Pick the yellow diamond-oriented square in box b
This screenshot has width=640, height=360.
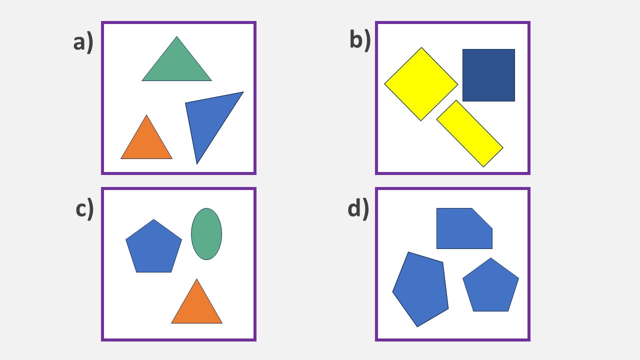click(421, 84)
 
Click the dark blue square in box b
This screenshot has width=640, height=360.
click(488, 75)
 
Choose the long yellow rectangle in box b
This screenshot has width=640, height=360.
click(469, 133)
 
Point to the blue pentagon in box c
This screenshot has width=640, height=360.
click(153, 247)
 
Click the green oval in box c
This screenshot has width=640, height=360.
click(206, 234)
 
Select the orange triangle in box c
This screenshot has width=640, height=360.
click(196, 307)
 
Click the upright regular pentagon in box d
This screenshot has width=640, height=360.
click(490, 287)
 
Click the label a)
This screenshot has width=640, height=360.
click(83, 42)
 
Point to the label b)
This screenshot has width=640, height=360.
click(360, 39)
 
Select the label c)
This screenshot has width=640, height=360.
click(84, 208)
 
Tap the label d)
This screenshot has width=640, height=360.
click(358, 208)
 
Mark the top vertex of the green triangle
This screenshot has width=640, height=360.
click(176, 37)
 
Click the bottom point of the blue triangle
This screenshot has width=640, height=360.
click(197, 163)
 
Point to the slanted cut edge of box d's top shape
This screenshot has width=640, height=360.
click(482, 218)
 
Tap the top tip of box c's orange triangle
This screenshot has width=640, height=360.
click(196, 279)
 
